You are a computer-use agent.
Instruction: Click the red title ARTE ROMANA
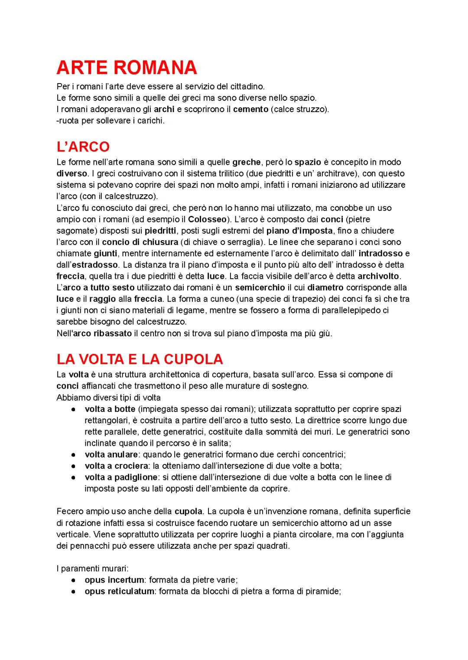(127, 68)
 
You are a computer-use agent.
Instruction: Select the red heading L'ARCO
(83, 147)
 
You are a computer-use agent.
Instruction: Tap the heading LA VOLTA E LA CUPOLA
(140, 359)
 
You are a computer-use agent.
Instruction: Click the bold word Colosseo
(207, 219)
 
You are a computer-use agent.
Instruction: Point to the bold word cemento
(250, 109)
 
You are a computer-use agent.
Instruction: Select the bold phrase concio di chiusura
(140, 242)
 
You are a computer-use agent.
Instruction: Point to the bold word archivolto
(379, 276)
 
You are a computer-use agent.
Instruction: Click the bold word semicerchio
(260, 287)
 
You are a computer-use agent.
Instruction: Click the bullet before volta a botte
(75, 409)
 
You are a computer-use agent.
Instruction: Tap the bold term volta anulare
(111, 454)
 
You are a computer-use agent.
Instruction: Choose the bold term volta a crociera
(116, 466)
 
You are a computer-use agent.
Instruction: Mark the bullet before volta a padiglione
(75, 477)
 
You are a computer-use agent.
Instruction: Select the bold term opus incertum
(114, 580)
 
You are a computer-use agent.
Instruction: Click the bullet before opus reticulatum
(75, 591)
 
